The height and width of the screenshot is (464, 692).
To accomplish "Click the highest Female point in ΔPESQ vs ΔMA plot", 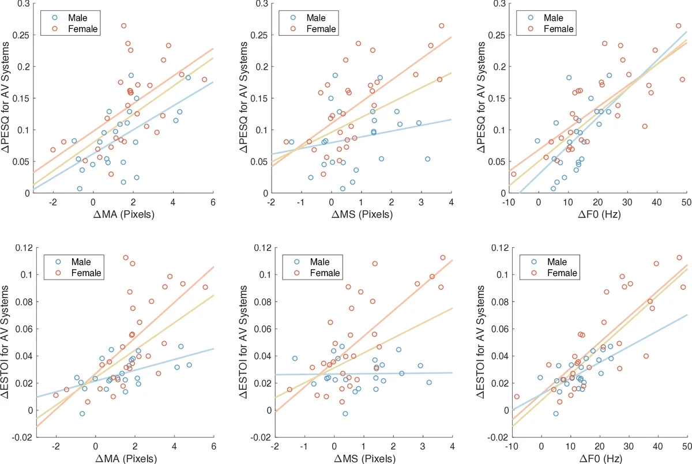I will point(123,26).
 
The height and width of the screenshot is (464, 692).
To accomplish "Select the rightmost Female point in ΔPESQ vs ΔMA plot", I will point(204,80).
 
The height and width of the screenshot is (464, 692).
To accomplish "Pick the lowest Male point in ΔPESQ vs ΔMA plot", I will point(80,188).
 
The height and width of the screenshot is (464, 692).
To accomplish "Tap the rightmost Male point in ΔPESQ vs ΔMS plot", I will point(427,159).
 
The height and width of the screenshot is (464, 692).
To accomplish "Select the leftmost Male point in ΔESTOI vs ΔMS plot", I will point(295,359).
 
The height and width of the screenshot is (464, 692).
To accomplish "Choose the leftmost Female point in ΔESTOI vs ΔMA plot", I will point(56,395).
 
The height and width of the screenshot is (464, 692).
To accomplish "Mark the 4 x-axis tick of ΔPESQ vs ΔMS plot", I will point(451,202).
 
